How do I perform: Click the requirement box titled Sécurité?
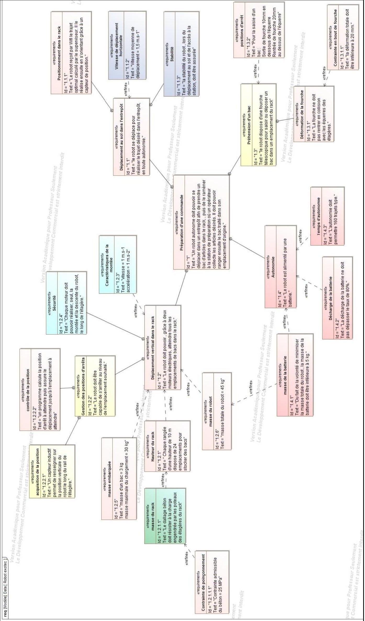tap(66, 303)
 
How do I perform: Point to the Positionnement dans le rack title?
tap(59, 53)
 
